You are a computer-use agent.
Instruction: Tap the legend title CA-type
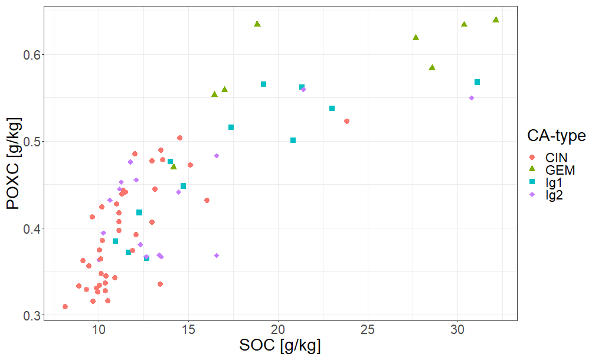[556, 136]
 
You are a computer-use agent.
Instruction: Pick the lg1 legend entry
[554, 184]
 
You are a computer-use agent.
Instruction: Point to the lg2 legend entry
[554, 196]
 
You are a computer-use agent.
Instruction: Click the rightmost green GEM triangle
[496, 19]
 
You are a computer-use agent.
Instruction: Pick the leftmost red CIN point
[65, 307]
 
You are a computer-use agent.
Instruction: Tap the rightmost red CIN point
[347, 122]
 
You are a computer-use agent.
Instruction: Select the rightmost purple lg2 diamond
[472, 98]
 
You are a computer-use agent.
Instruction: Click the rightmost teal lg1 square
[477, 82]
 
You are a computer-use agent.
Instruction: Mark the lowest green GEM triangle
[174, 167]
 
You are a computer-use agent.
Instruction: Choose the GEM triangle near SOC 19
[257, 24]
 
